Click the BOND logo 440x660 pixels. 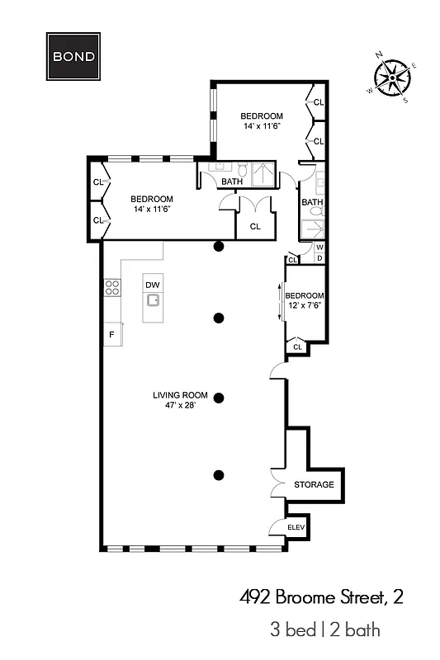click(x=73, y=57)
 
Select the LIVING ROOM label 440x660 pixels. click(x=179, y=394)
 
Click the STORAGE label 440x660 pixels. click(x=314, y=484)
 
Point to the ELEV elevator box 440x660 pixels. click(x=296, y=527)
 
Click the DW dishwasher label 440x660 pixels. click(x=152, y=285)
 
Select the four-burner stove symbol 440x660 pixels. click(x=111, y=288)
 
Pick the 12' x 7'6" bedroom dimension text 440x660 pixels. click(x=305, y=306)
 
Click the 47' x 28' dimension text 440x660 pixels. click(x=179, y=406)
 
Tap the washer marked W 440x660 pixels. click(x=319, y=247)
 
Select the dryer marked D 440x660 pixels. click(x=319, y=258)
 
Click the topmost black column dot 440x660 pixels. click(x=219, y=246)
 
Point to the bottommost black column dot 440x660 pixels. click(x=219, y=474)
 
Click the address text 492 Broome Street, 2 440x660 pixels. click(x=321, y=596)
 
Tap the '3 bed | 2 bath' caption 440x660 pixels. click(x=324, y=630)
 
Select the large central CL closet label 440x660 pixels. click(x=255, y=225)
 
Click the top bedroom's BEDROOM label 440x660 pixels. click(x=262, y=115)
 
